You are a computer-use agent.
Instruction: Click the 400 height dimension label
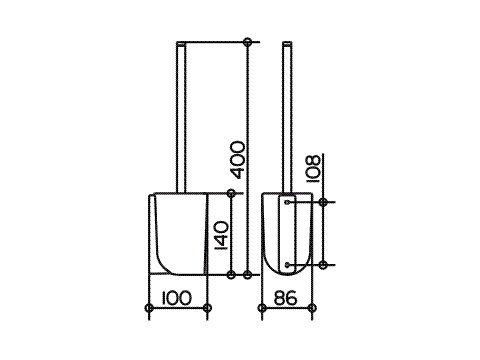point(239,160)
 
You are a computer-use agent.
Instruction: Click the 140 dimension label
point(221,235)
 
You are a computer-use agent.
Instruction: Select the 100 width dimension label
point(177,298)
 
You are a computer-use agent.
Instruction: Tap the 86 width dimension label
point(285,298)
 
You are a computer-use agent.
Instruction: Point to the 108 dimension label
point(313,169)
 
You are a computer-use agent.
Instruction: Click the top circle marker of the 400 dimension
point(247,42)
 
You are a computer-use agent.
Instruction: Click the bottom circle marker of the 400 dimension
point(247,275)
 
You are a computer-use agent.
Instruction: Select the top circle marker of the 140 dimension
point(231,193)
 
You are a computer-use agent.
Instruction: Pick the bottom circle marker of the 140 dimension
point(231,275)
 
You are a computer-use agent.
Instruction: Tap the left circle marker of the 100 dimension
point(149,308)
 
